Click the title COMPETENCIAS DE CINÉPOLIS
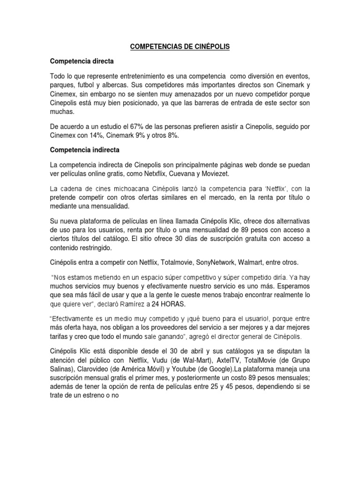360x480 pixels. click(180, 47)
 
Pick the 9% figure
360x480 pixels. click(143, 135)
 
